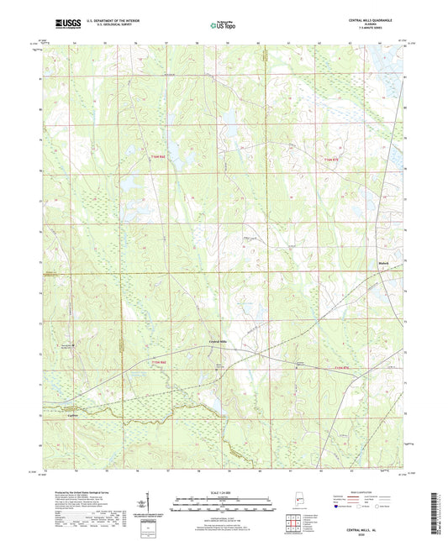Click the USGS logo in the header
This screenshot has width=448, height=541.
point(63,24)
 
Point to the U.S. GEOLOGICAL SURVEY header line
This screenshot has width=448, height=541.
point(101,25)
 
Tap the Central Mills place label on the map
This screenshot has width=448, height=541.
point(219,340)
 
